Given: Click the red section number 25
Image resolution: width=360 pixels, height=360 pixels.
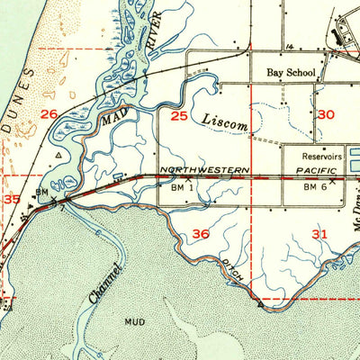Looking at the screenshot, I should pos(179,116).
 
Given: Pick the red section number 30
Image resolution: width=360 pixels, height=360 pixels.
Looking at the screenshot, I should pos(326,114).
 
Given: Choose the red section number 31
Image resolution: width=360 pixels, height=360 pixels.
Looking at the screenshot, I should pos(319,234).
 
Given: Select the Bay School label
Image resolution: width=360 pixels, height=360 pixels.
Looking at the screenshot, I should pos(286,73).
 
